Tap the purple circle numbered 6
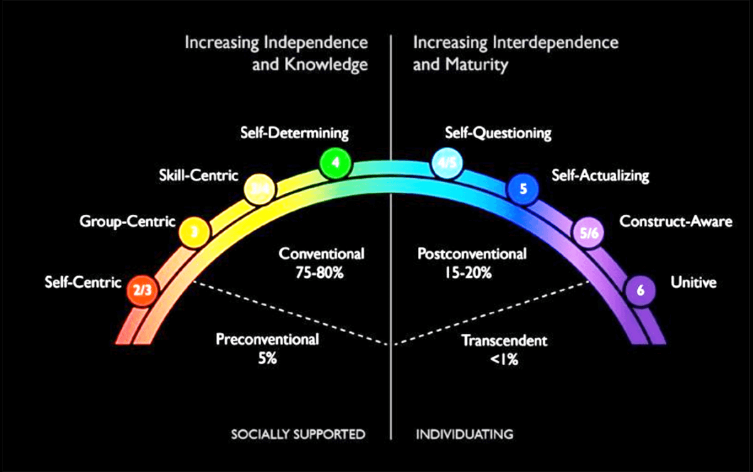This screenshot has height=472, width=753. point(641,291)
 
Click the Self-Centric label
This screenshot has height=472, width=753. point(83,282)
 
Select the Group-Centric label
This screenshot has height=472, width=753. point(127,221)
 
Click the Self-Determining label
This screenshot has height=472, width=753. point(294,133)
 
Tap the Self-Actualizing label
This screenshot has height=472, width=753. point(601,175)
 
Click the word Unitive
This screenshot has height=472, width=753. point(693,283)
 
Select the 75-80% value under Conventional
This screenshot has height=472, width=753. point(322,273)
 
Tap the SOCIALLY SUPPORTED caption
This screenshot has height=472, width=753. point(297,434)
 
